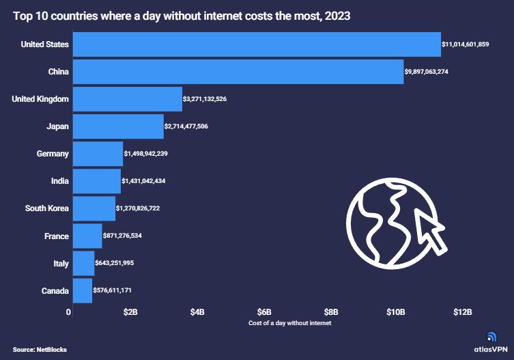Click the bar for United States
(256, 44)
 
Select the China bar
(238, 72)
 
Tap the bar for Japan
(118, 126)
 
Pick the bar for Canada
(82, 291)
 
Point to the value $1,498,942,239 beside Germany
(145, 154)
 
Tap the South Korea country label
(46, 208)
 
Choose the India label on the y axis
(59, 181)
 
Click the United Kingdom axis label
(40, 99)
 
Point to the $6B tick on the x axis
(264, 312)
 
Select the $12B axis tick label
(463, 312)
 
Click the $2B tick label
(130, 312)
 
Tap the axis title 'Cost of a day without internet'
(290, 322)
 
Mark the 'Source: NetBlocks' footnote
(40, 350)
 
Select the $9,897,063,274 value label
(436, 72)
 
